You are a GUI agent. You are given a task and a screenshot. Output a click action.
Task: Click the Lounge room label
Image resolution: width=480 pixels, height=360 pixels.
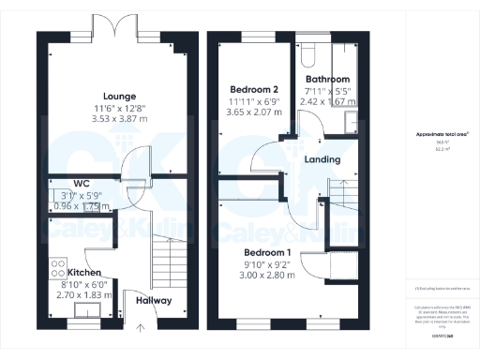pyautogui.click(x=119, y=96)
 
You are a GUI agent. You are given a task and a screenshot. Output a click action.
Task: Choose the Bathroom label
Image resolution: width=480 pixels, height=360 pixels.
pyautogui.click(x=326, y=80)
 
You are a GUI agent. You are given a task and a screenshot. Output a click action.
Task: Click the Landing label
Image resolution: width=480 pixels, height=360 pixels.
pyautogui.click(x=322, y=159)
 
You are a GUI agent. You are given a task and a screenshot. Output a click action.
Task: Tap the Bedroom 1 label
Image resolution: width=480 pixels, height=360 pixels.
pyautogui.click(x=268, y=253)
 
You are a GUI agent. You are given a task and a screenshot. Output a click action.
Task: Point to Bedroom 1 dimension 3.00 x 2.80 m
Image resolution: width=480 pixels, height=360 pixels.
pyautogui.click(x=268, y=277)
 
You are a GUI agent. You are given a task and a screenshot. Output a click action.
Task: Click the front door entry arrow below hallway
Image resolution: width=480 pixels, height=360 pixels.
pyautogui.click(x=142, y=326)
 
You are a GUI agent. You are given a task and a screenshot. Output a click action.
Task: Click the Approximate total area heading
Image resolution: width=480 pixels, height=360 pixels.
pyautogui.click(x=442, y=134)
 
